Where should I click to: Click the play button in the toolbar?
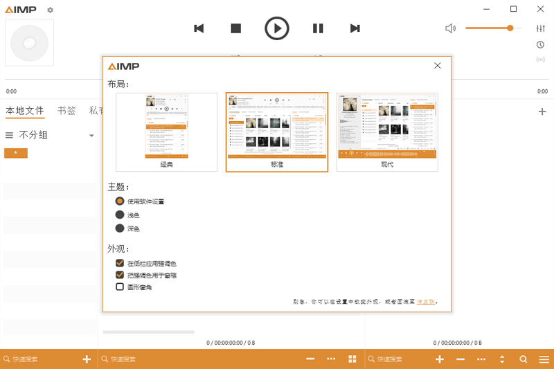pos(277,28)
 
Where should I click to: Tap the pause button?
pos(318,28)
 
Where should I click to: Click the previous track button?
pos(199,28)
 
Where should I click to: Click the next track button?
pos(355,28)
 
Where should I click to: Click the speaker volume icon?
pos(451,28)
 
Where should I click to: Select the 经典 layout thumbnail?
pos(166,132)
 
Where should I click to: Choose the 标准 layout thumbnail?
pos(277,132)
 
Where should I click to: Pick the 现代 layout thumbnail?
pos(387,132)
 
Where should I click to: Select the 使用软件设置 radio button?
pos(120,201)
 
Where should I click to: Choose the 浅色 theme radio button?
pos(120,215)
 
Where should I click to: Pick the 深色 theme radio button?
pos(120,228)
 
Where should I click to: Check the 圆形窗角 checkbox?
pos(120,287)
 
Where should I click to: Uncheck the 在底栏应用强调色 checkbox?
pos(120,263)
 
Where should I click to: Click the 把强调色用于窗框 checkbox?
pos(120,275)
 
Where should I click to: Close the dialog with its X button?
pos(438,66)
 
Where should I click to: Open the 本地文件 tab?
pos(25,111)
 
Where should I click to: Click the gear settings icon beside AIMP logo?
pos(50,10)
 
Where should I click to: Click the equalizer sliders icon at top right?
pos(541,28)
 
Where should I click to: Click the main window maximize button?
pos(513,9)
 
